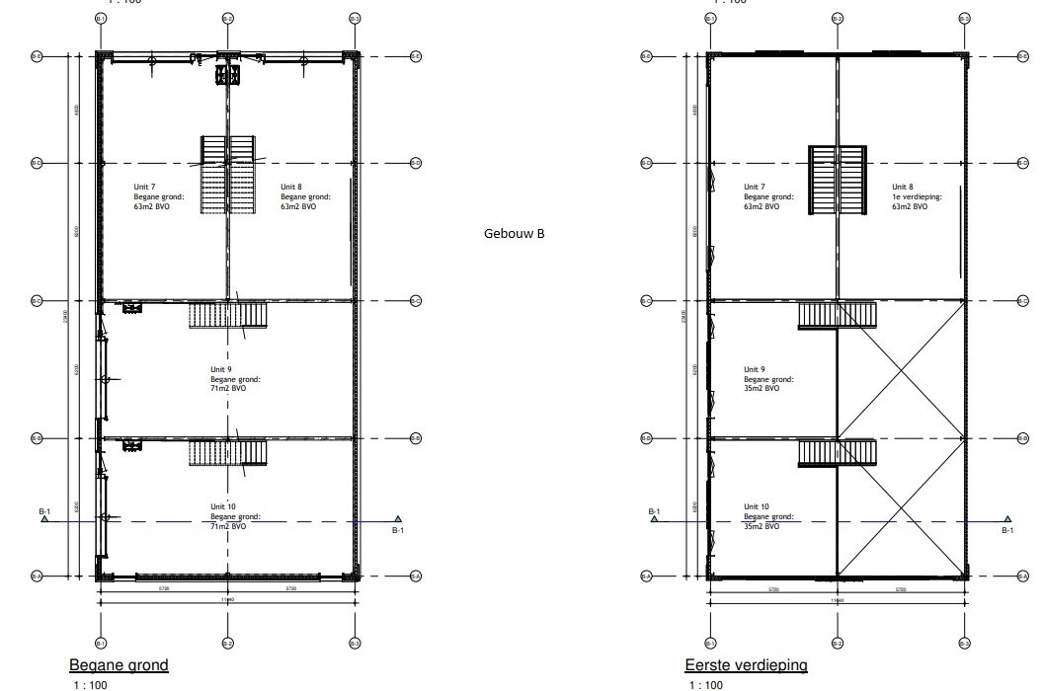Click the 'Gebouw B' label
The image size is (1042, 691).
coord(514,234)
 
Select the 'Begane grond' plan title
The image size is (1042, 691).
coord(119,665)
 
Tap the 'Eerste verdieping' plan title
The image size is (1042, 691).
coord(746,665)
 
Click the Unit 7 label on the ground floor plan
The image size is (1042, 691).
coord(159,196)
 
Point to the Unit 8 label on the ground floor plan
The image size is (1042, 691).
coord(305,196)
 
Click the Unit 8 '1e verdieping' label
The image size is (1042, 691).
coord(917,196)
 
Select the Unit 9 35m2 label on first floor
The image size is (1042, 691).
coord(768,379)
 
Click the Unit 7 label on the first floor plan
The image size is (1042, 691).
coord(768,196)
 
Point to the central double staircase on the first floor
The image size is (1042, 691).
coord(838,179)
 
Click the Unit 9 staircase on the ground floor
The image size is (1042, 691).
coord(228,316)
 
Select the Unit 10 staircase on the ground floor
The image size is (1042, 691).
coord(228,453)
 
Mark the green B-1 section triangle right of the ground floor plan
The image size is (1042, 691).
coord(398,518)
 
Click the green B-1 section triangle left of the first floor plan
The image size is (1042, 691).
coord(654,518)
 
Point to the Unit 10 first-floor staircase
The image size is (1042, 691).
coord(838,453)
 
